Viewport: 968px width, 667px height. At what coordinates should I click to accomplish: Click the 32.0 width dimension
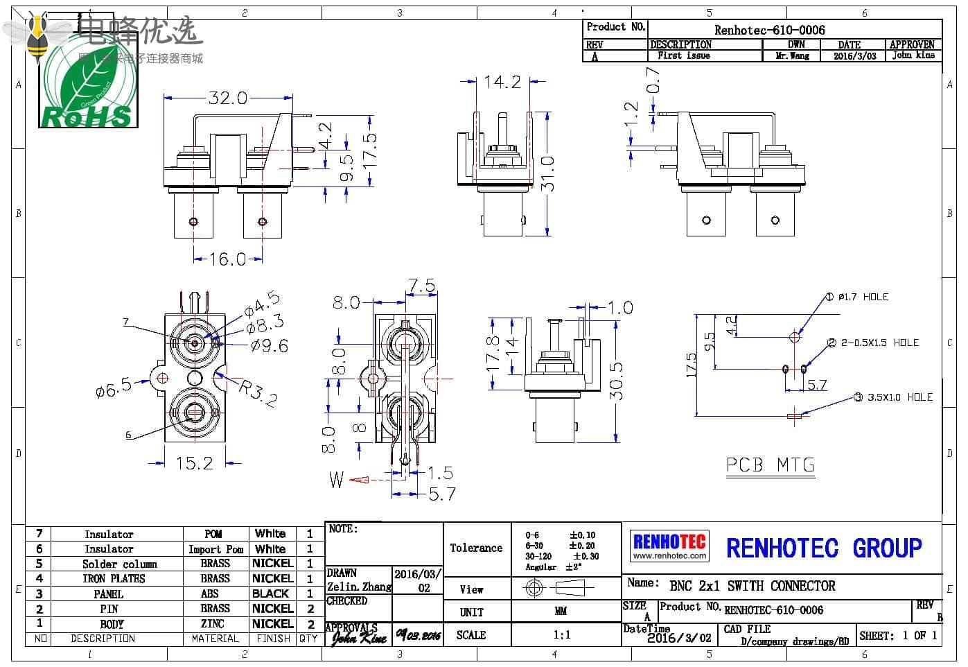coord(228,98)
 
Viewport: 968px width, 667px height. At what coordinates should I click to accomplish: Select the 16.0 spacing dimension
coord(228,259)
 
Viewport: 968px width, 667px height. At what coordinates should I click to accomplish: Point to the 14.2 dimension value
coord(502,82)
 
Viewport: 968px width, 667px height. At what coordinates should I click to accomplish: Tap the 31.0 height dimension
coord(547,174)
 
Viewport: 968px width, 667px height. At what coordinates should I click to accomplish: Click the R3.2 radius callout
coord(258,392)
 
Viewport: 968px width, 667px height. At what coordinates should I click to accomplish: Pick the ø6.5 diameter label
coord(114,388)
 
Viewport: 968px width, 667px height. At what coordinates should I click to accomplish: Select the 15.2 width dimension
coord(194,462)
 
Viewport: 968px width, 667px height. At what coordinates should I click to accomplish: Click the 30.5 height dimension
coord(616,381)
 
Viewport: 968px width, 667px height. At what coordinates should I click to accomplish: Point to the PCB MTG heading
coord(771,465)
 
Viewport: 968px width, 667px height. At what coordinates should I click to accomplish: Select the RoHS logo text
coord(87,117)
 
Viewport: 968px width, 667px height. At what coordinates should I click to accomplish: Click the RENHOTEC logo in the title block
coord(669,546)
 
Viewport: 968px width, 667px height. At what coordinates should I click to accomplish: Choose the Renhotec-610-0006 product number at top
coord(769,30)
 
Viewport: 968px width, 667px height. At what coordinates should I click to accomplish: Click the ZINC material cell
coord(213,624)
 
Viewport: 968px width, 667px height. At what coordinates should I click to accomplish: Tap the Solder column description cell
coord(119,564)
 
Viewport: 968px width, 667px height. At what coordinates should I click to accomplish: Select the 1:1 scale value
coord(562,634)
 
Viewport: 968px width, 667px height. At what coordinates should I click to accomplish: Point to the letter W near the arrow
coord(336,479)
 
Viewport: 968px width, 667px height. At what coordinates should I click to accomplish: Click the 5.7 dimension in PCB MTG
coord(817,385)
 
